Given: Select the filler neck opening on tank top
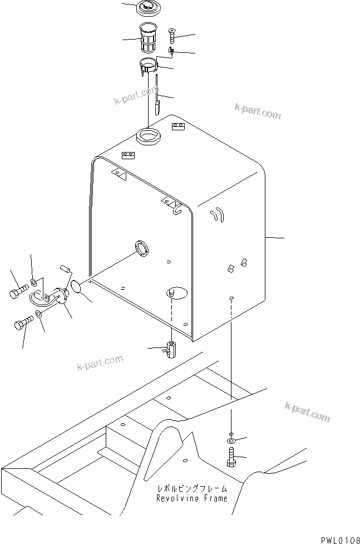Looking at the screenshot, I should point(148,135).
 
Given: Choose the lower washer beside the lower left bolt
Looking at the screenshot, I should point(38,316).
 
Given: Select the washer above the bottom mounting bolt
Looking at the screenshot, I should point(231,438).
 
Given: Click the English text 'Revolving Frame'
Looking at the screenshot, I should point(192,498).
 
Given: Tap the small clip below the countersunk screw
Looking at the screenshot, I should point(172,52).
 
